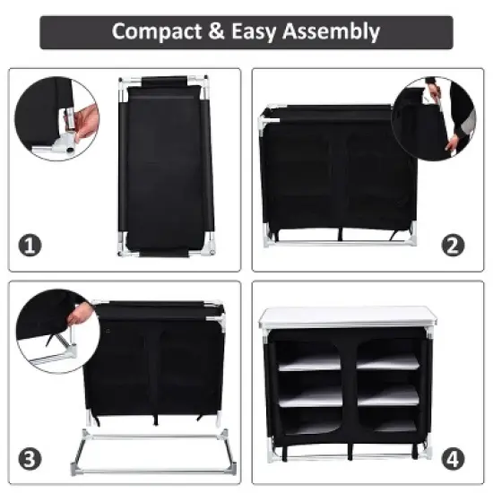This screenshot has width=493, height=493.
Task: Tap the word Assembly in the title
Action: point(331,32)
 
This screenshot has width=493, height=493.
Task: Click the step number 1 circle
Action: point(31,244)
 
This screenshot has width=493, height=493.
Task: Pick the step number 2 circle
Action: point(454,244)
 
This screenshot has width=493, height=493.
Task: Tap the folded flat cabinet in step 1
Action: point(165,166)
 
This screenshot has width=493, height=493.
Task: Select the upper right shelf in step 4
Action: point(387,360)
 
